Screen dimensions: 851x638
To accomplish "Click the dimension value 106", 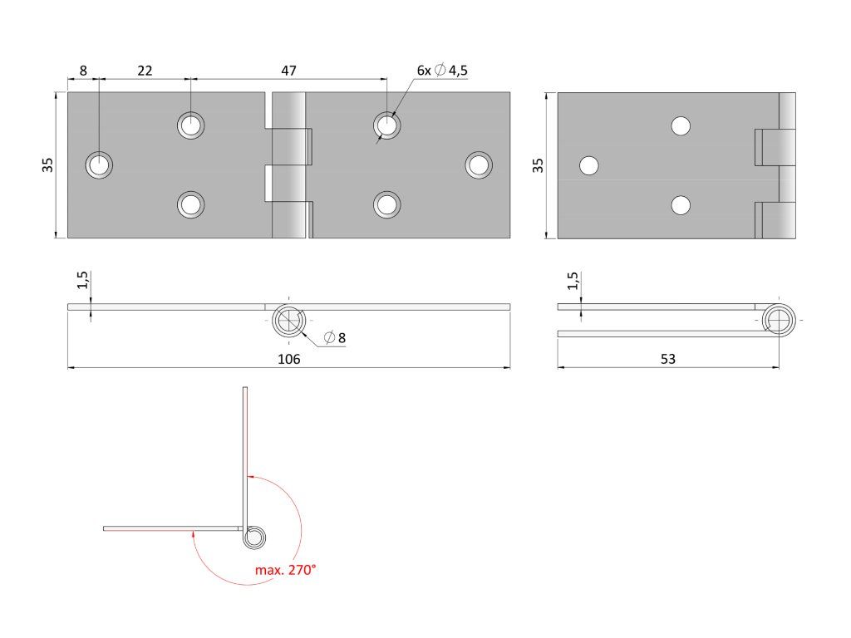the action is click(288, 359).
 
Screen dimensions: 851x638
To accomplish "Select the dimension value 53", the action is click(668, 359).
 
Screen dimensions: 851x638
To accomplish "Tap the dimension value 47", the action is click(288, 71).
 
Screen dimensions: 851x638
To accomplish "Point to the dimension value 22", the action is click(145, 71).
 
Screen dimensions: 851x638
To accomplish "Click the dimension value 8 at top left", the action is click(83, 71).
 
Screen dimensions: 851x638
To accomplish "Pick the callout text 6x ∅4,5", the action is click(442, 71).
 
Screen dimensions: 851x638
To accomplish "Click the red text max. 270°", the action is click(286, 570).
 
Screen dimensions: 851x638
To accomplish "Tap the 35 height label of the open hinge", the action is click(48, 164).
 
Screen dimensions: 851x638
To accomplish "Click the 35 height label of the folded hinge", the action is click(539, 164).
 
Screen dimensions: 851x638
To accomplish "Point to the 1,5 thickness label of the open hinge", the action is click(81, 281).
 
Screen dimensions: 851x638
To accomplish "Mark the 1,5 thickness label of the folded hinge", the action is click(571, 281).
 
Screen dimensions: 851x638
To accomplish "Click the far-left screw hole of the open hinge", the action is click(100, 165).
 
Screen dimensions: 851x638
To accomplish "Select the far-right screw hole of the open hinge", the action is click(478, 164).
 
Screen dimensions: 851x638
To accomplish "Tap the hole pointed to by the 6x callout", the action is click(386, 125).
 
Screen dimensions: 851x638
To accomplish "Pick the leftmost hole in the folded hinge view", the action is click(589, 165).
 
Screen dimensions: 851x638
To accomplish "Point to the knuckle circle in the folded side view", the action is click(780, 320).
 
